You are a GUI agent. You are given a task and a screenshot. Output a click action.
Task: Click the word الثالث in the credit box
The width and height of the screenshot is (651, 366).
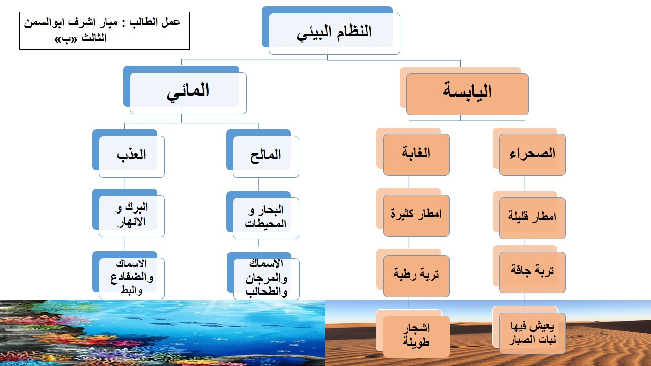94,38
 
